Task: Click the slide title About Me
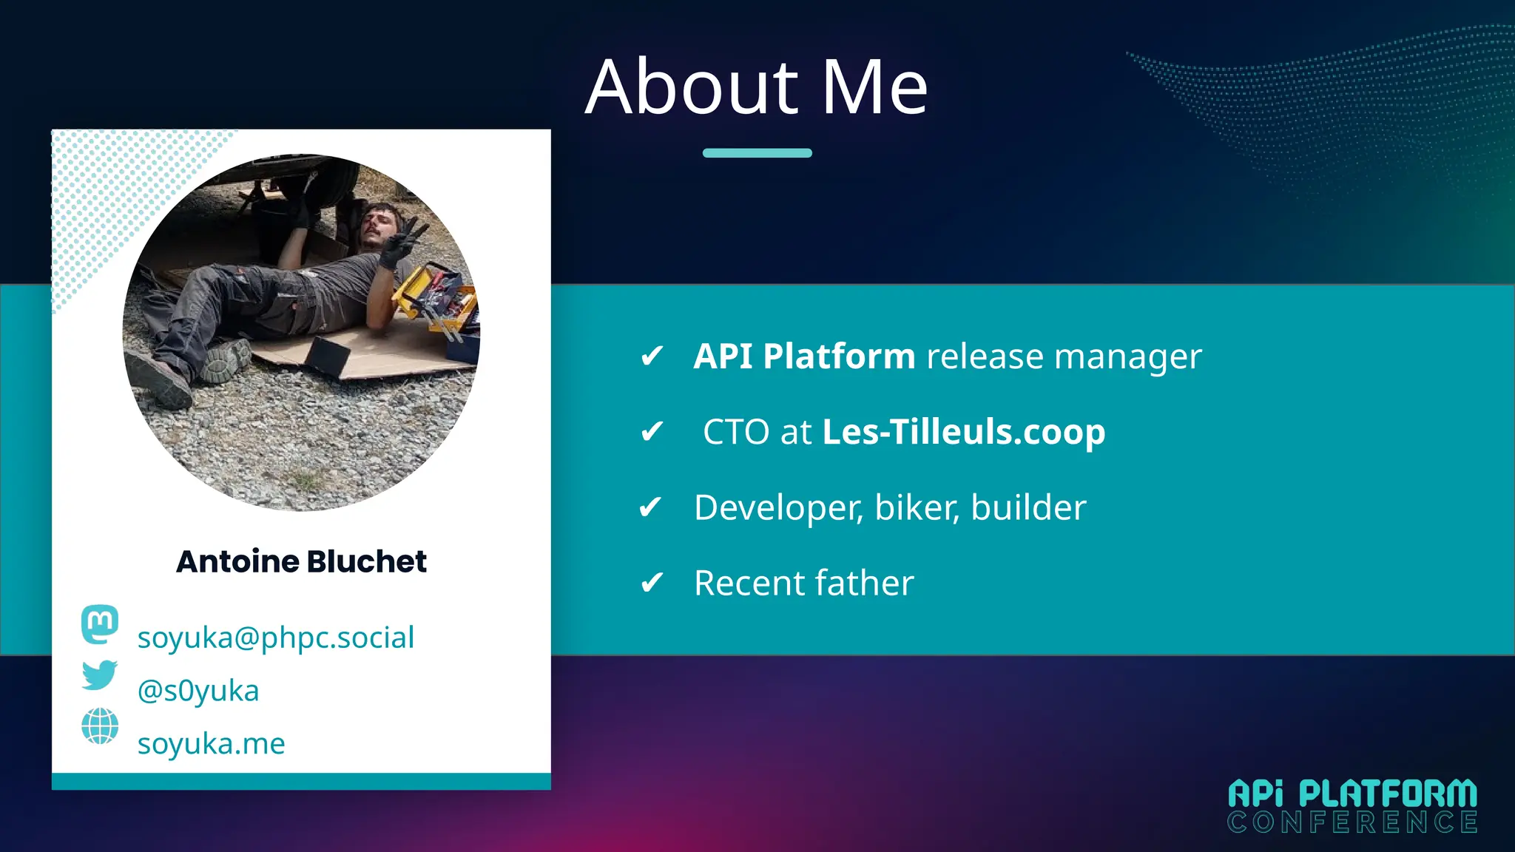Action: click(x=756, y=87)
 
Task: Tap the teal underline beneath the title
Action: click(x=757, y=153)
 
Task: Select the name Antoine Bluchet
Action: click(x=301, y=561)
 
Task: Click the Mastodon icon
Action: click(x=100, y=624)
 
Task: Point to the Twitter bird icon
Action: click(x=100, y=674)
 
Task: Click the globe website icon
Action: click(x=100, y=726)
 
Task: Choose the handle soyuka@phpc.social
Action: click(x=275, y=638)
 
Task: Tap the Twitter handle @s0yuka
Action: click(x=198, y=691)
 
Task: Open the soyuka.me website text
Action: click(x=211, y=743)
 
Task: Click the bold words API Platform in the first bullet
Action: click(x=804, y=356)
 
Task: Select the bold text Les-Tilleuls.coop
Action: click(x=963, y=432)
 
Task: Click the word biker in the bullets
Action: click(x=917, y=508)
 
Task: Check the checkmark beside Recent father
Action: click(x=652, y=584)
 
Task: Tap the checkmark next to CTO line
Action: click(x=652, y=432)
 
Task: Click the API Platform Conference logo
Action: click(x=1352, y=805)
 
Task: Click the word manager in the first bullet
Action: click(x=1127, y=356)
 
